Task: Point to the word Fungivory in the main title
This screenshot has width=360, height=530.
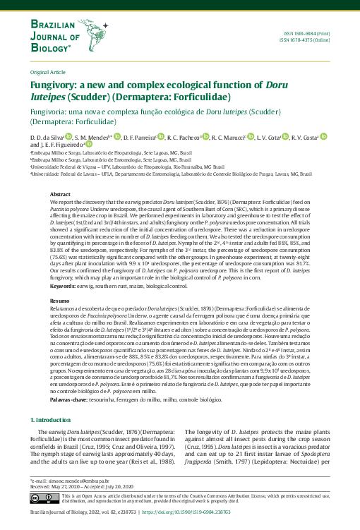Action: click(x=57, y=84)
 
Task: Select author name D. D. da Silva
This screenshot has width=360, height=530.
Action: click(x=47, y=137)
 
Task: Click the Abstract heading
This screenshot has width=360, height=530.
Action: click(x=60, y=193)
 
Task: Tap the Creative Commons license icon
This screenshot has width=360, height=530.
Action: click(x=44, y=498)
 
